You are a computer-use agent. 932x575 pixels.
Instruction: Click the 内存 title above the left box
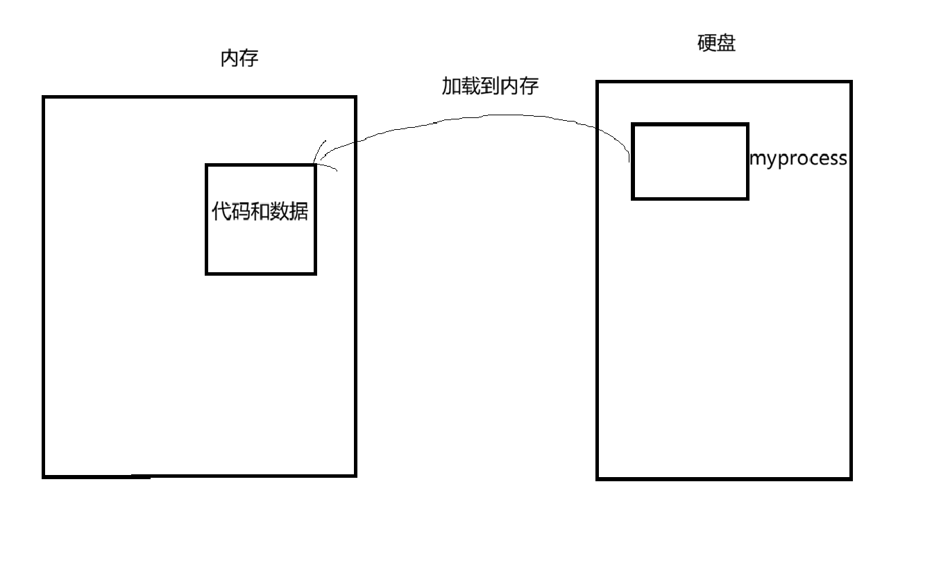[x=239, y=59]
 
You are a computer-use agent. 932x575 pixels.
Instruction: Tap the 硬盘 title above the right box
[x=716, y=43]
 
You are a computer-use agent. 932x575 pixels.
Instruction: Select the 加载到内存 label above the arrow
[x=490, y=85]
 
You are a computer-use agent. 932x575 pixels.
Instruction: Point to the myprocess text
[x=798, y=159]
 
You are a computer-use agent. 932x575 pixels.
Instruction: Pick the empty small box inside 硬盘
[x=690, y=161]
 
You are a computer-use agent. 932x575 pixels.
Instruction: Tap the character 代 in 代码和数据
[x=221, y=211]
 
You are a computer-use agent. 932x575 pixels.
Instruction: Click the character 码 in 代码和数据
[x=241, y=211]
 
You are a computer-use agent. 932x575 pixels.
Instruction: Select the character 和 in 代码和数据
[x=260, y=211]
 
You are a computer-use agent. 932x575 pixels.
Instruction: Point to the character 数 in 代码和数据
[x=280, y=211]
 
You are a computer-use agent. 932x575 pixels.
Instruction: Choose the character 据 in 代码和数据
[x=299, y=211]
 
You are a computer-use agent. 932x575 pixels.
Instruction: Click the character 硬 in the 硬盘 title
[x=706, y=43]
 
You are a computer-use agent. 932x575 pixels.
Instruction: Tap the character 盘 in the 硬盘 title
[x=726, y=43]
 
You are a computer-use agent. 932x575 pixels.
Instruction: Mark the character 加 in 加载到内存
[x=451, y=85]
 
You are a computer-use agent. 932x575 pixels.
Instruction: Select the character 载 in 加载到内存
[x=471, y=85]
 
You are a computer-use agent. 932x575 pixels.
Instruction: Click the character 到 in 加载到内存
[x=490, y=85]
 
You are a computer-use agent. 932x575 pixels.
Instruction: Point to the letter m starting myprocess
[x=756, y=159]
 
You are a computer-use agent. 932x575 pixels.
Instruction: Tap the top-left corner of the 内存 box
[x=44, y=97]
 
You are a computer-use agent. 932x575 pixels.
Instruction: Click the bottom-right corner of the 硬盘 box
[x=850, y=478]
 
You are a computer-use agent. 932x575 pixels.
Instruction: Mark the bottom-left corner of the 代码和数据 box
[x=207, y=273]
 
